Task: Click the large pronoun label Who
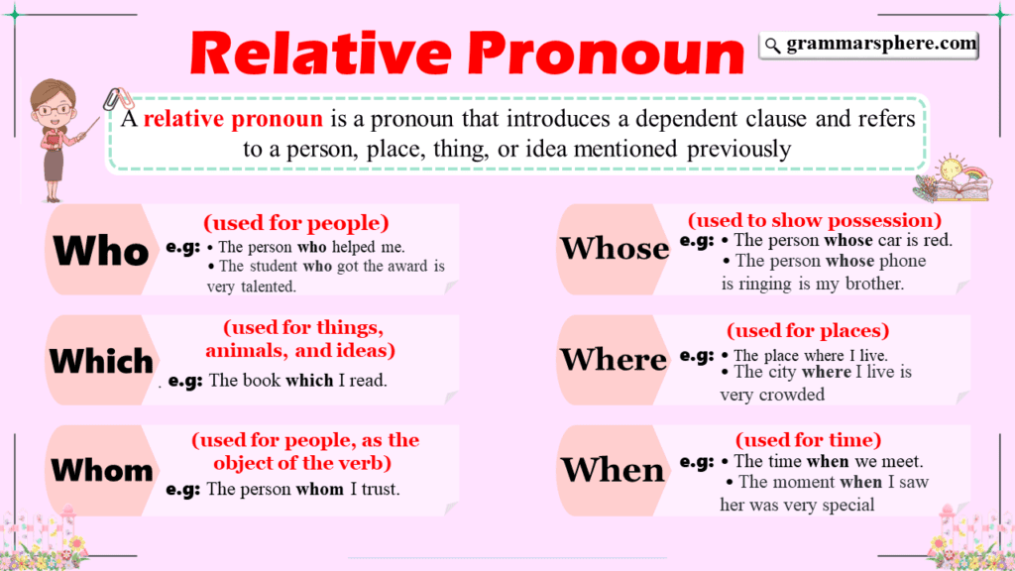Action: (x=101, y=251)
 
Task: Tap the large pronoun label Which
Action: (x=101, y=361)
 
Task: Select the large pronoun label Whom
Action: (x=101, y=469)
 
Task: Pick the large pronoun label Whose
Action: (x=615, y=248)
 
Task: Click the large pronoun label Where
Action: (x=615, y=359)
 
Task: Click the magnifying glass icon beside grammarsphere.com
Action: (x=772, y=45)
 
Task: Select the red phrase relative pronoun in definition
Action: (x=233, y=120)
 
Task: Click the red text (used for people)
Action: (x=296, y=222)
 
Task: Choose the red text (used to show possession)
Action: (x=814, y=220)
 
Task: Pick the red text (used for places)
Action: (x=808, y=330)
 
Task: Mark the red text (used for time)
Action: (x=808, y=439)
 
